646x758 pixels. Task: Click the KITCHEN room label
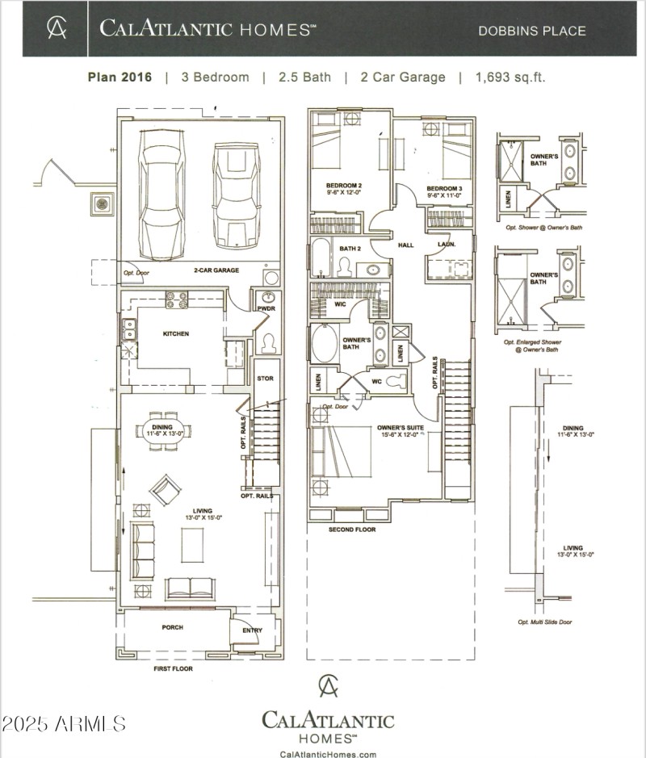175,333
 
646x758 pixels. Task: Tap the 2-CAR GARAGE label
216,270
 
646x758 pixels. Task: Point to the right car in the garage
237,193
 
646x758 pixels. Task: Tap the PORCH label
172,627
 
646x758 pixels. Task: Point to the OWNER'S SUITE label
399,429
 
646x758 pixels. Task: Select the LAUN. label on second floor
446,244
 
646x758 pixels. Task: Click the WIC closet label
341,304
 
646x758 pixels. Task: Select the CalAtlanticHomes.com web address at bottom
328,754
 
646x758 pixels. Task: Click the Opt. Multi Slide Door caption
550,622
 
